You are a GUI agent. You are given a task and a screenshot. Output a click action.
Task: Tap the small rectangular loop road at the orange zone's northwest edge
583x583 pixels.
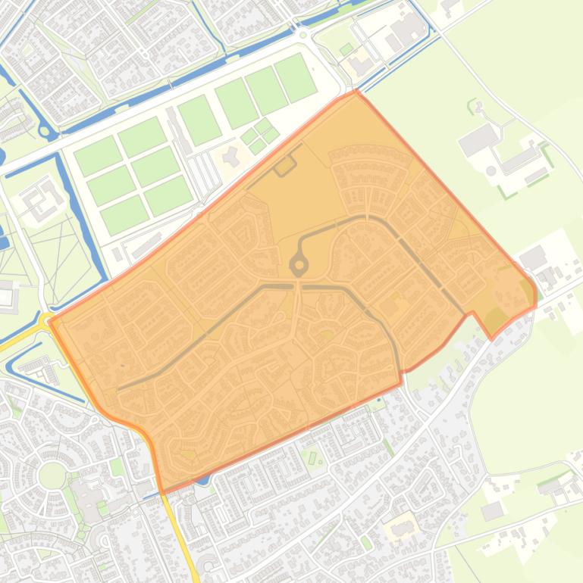click(x=285, y=166)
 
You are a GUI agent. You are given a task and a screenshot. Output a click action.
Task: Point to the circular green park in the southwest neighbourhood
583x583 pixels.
click(x=52, y=475)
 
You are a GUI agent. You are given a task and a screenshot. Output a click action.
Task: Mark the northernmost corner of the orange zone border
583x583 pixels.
click(x=355, y=92)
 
